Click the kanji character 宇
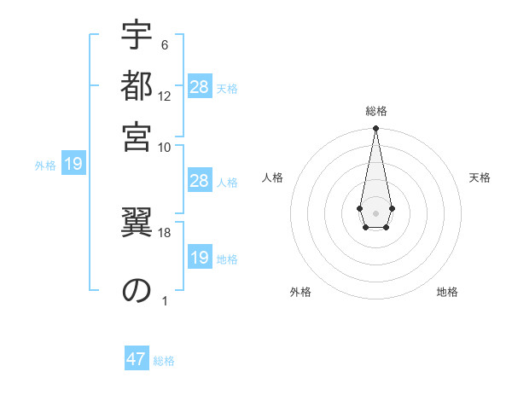[x=137, y=35]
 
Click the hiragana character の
[x=137, y=291]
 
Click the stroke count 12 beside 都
[x=165, y=96]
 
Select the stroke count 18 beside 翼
[x=165, y=232]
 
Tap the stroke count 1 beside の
[x=165, y=300]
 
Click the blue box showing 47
[x=137, y=359]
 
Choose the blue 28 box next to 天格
[x=200, y=87]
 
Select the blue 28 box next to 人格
[x=200, y=181]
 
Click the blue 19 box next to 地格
[x=200, y=258]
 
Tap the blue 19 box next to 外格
[x=73, y=165]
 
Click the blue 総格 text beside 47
[x=164, y=361]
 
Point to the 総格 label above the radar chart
[x=375, y=111]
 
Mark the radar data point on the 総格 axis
[x=375, y=129]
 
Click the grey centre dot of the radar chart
[x=375, y=212]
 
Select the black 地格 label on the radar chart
[x=447, y=293]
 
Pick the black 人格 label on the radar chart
[x=273, y=177]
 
